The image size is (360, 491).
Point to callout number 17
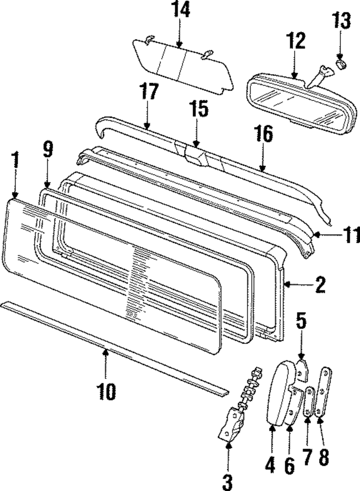point(149,92)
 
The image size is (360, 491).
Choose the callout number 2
point(319,285)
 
